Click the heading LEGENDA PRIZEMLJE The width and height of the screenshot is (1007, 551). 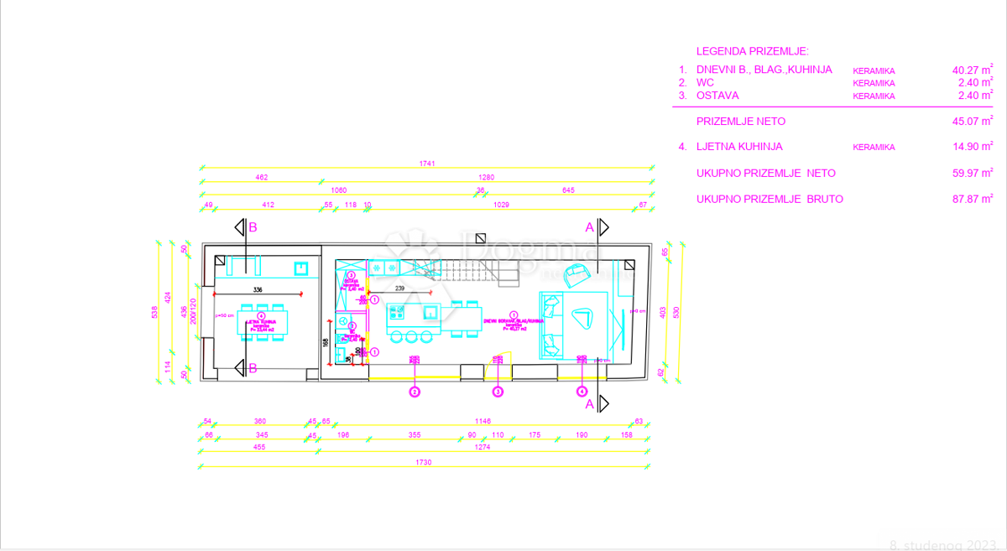pos(753,51)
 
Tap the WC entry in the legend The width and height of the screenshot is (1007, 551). pos(705,83)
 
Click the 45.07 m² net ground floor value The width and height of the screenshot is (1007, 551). pos(967,122)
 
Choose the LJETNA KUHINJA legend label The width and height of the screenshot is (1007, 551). pos(739,147)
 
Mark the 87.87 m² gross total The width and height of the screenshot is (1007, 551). pos(967,200)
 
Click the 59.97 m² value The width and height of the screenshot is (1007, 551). pos(967,174)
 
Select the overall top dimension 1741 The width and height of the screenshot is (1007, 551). pos(426,164)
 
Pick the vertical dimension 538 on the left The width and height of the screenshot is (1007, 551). pos(154,313)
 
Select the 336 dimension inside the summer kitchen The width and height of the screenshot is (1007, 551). pos(258,289)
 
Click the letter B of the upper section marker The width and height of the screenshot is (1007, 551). pos(252,227)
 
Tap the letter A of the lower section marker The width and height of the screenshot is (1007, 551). pos(589,404)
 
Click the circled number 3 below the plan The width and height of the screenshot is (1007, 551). pos(498,391)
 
